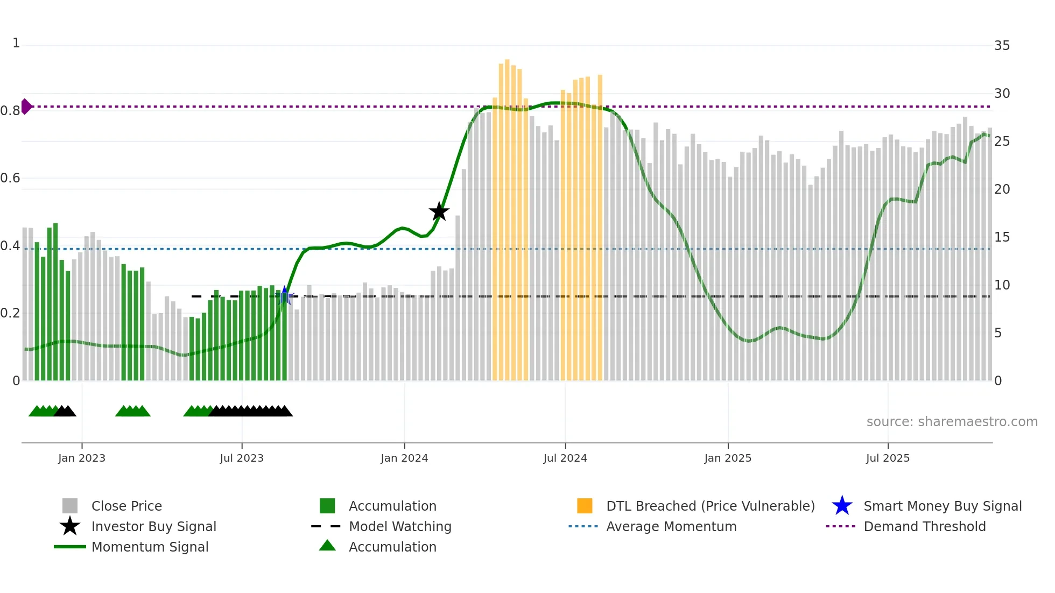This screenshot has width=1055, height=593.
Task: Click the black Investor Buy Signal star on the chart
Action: pyautogui.click(x=439, y=212)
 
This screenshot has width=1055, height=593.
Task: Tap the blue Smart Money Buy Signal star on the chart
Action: pyautogui.click(x=285, y=295)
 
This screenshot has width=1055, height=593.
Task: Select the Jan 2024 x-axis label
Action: pyautogui.click(x=404, y=458)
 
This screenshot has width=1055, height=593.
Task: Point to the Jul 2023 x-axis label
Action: pyautogui.click(x=242, y=458)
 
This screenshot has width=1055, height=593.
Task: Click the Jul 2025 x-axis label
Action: pyautogui.click(x=888, y=458)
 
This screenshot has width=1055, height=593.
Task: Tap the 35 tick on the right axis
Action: pyautogui.click(x=1002, y=46)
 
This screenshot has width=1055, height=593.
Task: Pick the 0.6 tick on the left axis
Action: pyautogui.click(x=11, y=178)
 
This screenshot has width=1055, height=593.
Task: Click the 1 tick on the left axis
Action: pyautogui.click(x=16, y=43)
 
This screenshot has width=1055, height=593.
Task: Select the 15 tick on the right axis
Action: pyautogui.click(x=1002, y=237)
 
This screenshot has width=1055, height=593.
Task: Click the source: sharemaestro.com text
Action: pyautogui.click(x=952, y=422)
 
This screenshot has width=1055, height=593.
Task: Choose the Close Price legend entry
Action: pyautogui.click(x=126, y=506)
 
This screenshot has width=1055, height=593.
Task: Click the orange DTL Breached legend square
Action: pyautogui.click(x=585, y=506)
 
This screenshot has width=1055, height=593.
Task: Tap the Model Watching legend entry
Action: pyautogui.click(x=400, y=526)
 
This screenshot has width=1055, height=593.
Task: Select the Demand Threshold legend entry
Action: pyautogui.click(x=924, y=526)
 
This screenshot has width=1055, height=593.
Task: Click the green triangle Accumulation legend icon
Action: pyautogui.click(x=327, y=546)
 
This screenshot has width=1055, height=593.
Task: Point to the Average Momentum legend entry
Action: pyautogui.click(x=671, y=526)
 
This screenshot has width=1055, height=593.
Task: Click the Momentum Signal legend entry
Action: pyautogui.click(x=150, y=547)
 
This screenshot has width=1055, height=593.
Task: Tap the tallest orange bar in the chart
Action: pyautogui.click(x=507, y=215)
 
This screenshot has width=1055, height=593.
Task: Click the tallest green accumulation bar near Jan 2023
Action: pyautogui.click(x=55, y=301)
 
